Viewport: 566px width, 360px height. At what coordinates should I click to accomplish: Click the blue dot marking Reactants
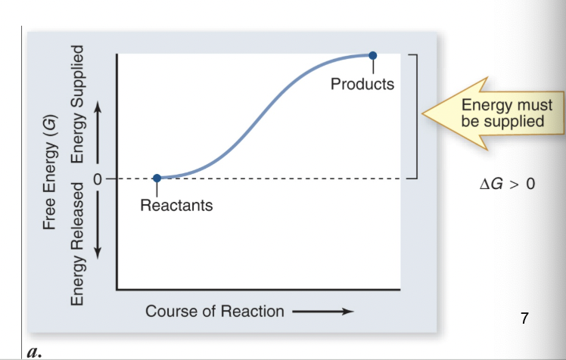[157, 178]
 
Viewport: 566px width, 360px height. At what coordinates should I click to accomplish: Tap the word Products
[362, 84]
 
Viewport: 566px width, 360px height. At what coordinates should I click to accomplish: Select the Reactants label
[176, 205]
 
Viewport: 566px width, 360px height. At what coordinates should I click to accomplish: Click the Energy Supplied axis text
[76, 104]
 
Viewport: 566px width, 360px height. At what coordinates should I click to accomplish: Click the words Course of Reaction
[215, 311]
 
